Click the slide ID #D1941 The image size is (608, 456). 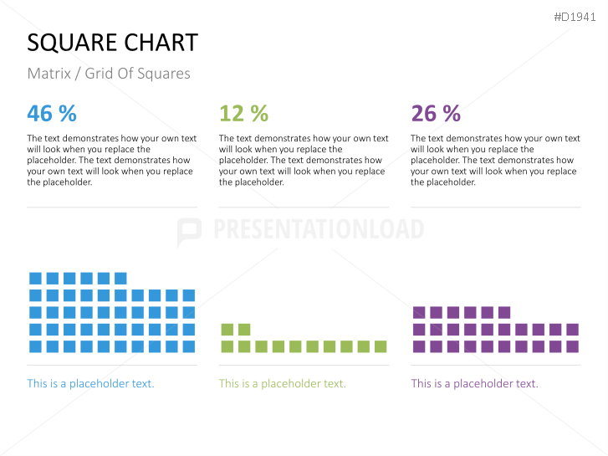[x=575, y=16]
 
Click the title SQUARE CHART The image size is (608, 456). [x=112, y=43]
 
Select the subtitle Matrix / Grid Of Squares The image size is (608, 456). [x=109, y=74]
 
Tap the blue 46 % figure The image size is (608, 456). [x=52, y=113]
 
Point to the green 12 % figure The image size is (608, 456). [x=243, y=113]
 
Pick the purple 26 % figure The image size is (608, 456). [x=436, y=113]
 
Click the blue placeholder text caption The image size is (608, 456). [x=90, y=383]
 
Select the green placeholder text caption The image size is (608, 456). [x=282, y=383]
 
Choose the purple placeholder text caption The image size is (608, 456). [x=474, y=383]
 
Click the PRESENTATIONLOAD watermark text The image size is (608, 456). [x=318, y=229]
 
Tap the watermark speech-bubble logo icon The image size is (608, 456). [x=190, y=231]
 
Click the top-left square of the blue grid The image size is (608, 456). [x=35, y=278]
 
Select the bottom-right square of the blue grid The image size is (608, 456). [x=189, y=346]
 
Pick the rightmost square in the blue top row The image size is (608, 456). [x=120, y=278]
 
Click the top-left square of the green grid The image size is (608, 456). [x=226, y=330]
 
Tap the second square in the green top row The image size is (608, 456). [x=243, y=330]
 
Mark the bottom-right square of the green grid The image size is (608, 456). [x=381, y=346]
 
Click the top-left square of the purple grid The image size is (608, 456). [x=419, y=312]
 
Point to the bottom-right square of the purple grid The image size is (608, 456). [x=572, y=346]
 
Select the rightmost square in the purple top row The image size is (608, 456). [x=504, y=312]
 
